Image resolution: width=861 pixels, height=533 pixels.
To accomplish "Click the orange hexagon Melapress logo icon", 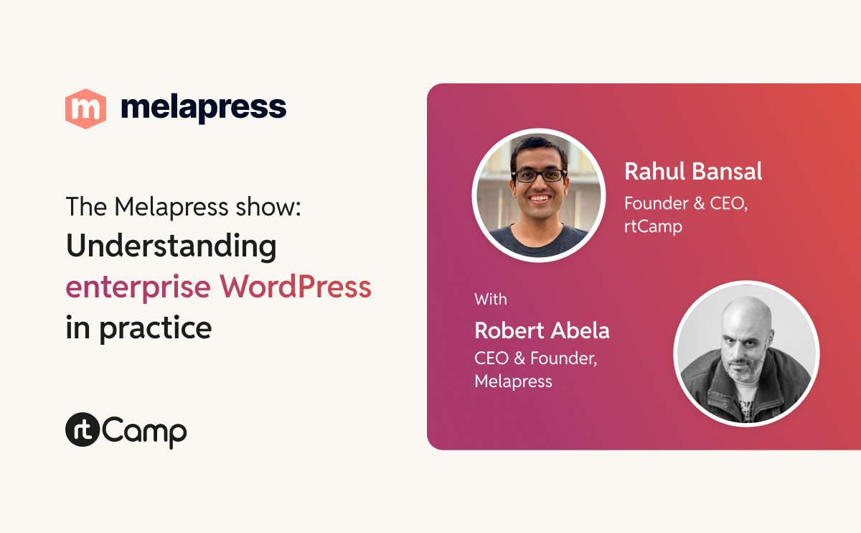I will pos(85,108).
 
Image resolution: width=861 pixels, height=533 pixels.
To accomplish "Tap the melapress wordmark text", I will pos(204,108).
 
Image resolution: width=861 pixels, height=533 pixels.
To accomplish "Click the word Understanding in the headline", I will pos(171,247).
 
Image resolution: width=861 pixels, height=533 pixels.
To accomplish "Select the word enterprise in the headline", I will pos(138,287).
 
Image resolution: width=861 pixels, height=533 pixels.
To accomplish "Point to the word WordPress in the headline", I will pos(296,287).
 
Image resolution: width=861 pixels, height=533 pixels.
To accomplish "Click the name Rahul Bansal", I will pos(693,172).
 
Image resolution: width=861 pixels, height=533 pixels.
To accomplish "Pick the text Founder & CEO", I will pos(686,203).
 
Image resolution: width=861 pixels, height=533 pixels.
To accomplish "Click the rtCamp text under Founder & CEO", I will pos(653,226).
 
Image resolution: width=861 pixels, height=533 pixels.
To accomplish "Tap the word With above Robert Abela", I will pos(491,299).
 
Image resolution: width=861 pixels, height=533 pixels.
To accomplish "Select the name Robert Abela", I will pos(542,330).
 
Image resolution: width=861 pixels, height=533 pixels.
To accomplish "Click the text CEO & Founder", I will pos(535,358).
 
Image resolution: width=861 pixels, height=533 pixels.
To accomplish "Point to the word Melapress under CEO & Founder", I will pos(514,381).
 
